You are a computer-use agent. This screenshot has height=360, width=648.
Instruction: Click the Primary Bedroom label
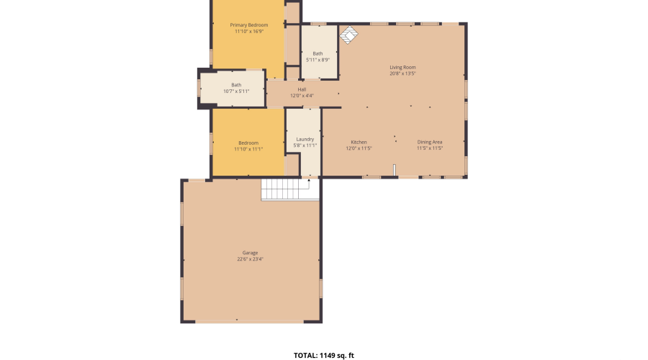pyautogui.click(x=248, y=25)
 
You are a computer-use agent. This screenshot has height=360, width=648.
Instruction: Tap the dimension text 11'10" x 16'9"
pyautogui.click(x=248, y=32)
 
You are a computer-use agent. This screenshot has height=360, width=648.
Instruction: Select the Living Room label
pyautogui.click(x=402, y=67)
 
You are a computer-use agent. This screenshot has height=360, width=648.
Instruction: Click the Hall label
pyautogui.click(x=302, y=89)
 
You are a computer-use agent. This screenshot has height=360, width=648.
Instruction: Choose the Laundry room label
pyautogui.click(x=305, y=139)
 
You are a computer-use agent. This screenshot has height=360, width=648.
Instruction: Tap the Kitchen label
pyautogui.click(x=359, y=142)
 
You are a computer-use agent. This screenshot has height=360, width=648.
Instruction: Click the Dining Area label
pyautogui.click(x=429, y=142)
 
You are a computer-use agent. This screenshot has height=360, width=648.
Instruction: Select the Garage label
pyautogui.click(x=250, y=253)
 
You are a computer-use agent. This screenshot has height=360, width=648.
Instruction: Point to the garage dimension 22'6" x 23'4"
pyautogui.click(x=250, y=259)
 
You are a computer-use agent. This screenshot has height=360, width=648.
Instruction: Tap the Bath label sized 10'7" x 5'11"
pyautogui.click(x=236, y=85)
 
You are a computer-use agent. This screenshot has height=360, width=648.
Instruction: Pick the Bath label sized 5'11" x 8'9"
pyautogui.click(x=318, y=53)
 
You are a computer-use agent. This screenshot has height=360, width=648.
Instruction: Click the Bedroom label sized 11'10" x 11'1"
pyautogui.click(x=248, y=143)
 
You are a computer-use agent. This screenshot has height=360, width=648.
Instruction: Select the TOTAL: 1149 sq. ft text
pyautogui.click(x=323, y=355)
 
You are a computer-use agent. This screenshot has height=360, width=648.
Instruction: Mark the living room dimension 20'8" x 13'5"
pyautogui.click(x=402, y=73)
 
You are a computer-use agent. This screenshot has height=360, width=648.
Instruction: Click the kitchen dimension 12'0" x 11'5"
pyautogui.click(x=359, y=148)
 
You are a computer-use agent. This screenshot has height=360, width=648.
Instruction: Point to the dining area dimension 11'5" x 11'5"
pyautogui.click(x=429, y=148)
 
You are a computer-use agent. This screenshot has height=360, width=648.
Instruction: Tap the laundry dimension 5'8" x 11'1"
pyautogui.click(x=305, y=145)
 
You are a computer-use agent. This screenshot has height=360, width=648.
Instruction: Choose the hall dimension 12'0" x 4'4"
pyautogui.click(x=302, y=96)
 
